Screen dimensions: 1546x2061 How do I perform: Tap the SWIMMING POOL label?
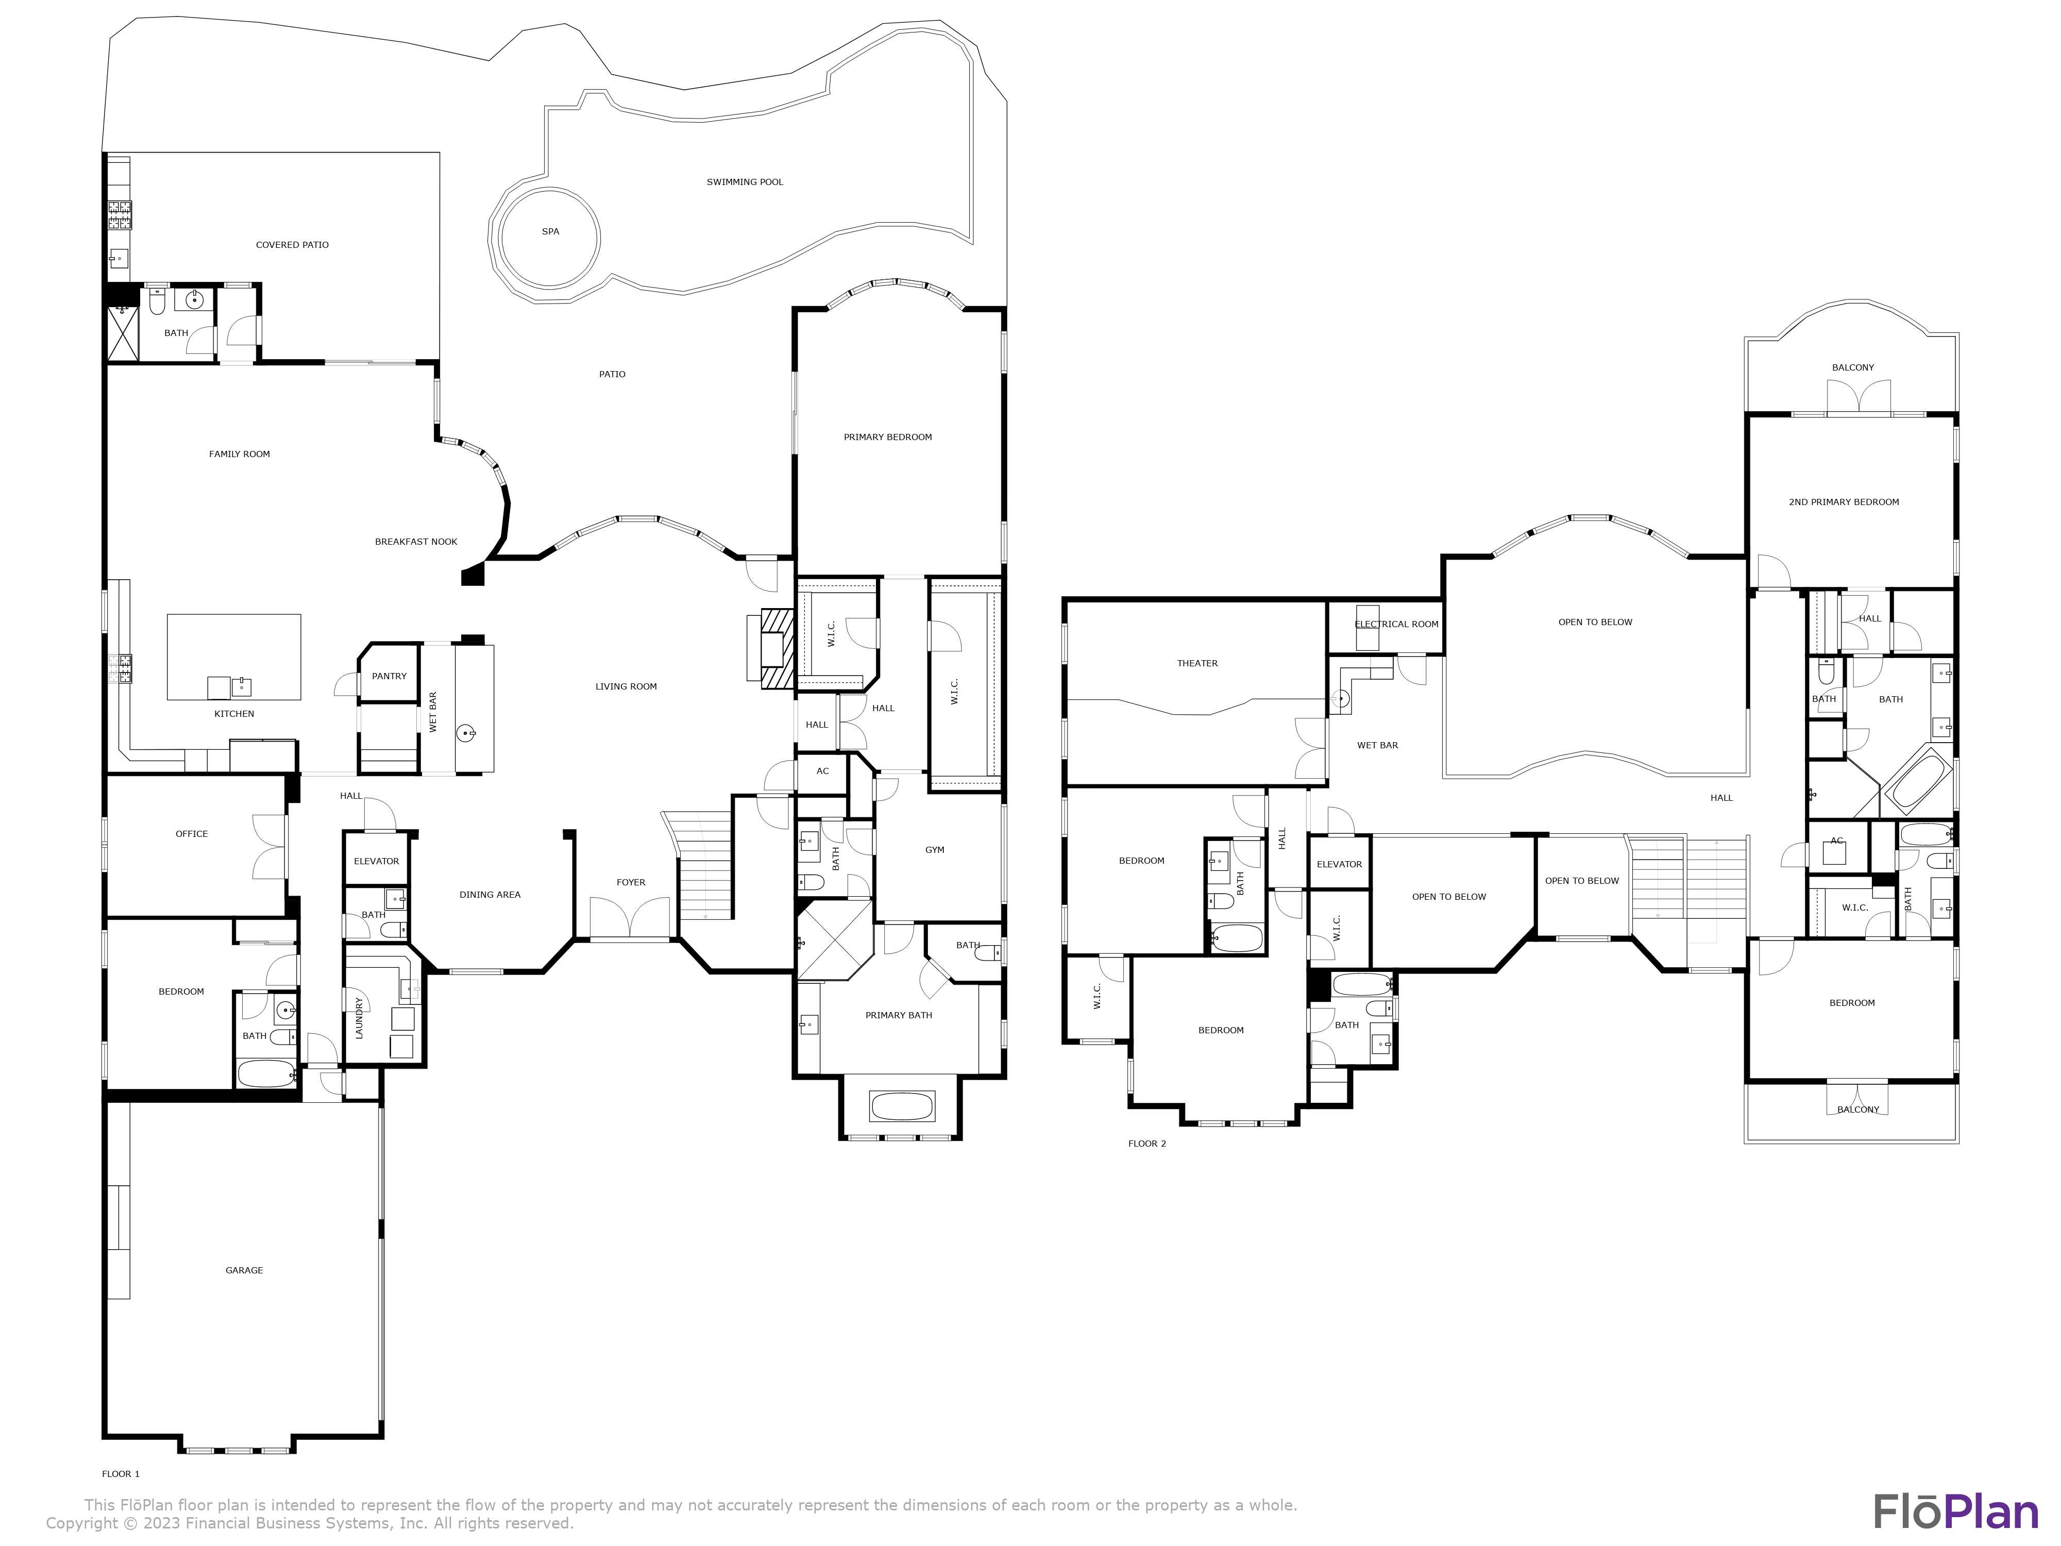coord(745,182)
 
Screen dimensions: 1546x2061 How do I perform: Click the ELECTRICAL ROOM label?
coord(1396,625)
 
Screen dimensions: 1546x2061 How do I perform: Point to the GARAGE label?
coord(244,1270)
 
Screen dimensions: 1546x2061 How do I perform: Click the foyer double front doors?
coord(631,918)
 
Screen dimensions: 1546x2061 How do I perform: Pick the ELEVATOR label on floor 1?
coord(377,861)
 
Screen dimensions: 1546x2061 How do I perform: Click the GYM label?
coord(935,850)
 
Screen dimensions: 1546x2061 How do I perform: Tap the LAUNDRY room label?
coord(360,1018)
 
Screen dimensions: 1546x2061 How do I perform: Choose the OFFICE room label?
coord(192,834)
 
